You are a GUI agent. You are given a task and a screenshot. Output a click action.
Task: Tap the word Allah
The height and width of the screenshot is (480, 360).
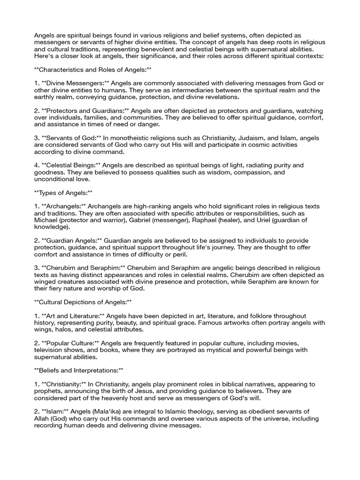44,418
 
